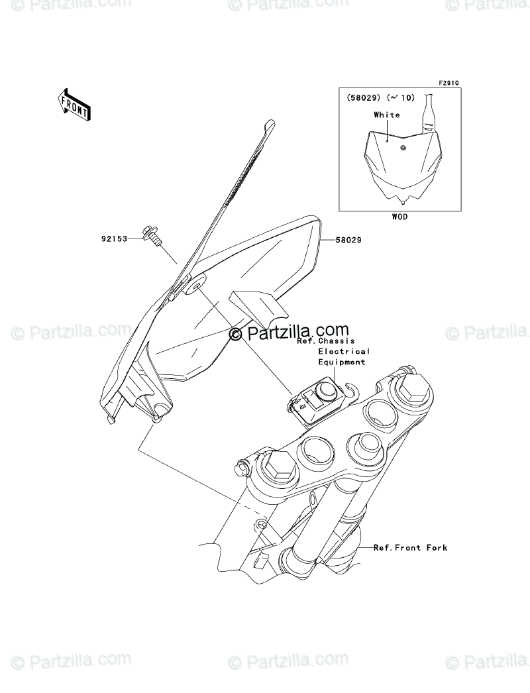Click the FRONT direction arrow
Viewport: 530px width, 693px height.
74,104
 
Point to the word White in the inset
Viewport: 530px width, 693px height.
386,115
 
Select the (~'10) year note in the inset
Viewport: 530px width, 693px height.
401,97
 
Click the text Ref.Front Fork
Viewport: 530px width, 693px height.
410,547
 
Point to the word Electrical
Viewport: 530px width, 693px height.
344,352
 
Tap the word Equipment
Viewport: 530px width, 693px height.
342,362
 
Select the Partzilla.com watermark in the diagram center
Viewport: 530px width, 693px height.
289,332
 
